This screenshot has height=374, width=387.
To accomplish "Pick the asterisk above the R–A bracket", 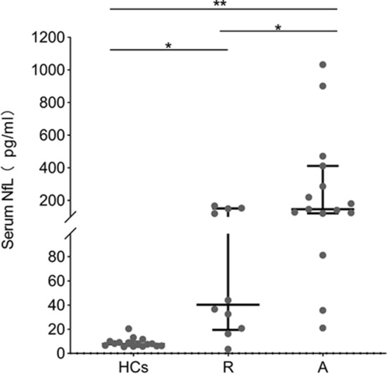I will [279, 27].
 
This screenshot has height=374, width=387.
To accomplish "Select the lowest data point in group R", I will [208, 349].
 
